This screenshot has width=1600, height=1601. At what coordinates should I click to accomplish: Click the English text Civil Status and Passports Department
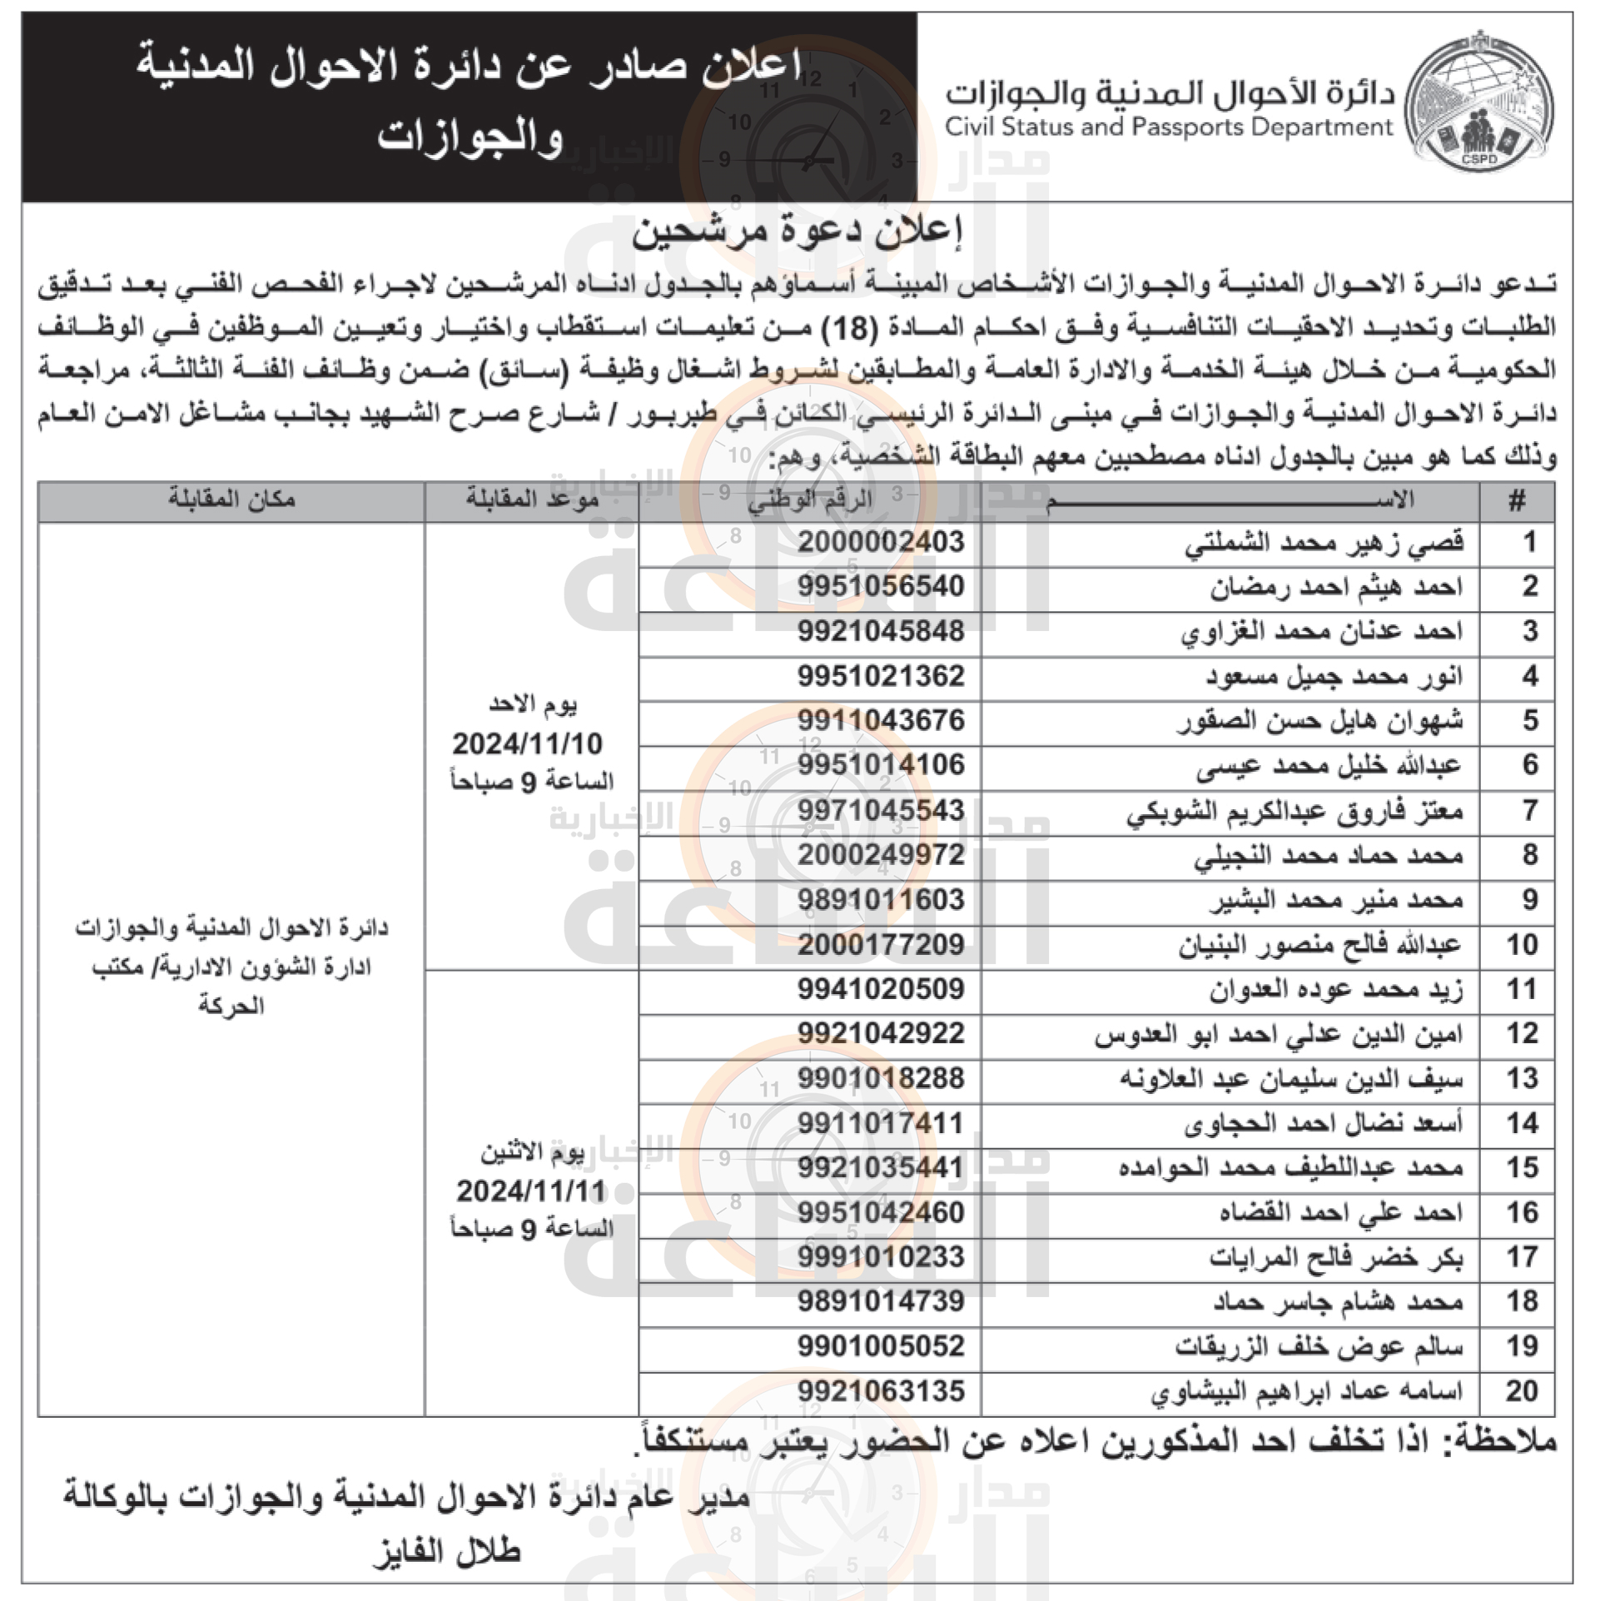pos(1169,127)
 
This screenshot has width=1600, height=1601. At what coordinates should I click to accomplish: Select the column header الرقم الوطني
pos(809,500)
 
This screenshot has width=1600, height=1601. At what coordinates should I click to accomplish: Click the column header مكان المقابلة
pos(231,499)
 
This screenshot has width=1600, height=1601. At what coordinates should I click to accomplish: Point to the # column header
pos(1517,501)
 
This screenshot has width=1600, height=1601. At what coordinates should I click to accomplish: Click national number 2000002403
pos(881,542)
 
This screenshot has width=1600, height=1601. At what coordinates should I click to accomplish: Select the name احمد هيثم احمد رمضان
pos(1336,587)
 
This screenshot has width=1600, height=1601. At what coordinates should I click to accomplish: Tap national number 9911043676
pos(881,720)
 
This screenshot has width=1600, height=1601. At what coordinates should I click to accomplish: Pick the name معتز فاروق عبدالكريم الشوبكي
pos(1294,811)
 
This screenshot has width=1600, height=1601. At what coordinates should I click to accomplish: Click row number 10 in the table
pos(1521,945)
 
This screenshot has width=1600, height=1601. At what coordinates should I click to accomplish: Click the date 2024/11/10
pos(527,743)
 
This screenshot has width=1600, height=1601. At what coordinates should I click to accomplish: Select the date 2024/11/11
pos(530,1191)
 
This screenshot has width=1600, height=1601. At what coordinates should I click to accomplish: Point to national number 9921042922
pos(881,1034)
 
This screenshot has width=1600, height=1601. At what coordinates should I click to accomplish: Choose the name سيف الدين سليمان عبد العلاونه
pos(1290,1079)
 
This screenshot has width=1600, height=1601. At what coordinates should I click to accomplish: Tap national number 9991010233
pos(881,1256)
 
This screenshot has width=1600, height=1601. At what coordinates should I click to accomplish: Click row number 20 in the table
pos(1521,1391)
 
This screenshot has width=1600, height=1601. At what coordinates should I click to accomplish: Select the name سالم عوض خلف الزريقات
pos(1319,1346)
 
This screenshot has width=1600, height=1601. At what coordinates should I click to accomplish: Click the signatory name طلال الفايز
pos(447,1552)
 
